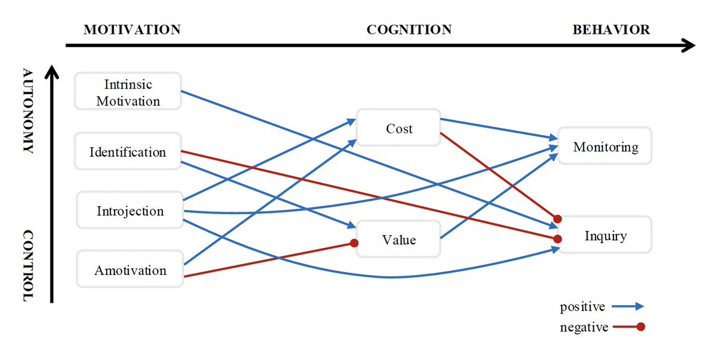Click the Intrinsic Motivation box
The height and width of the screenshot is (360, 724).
click(x=128, y=92)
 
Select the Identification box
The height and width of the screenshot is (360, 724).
click(x=128, y=152)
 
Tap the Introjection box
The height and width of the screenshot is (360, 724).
click(x=130, y=211)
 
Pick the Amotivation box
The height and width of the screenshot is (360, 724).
click(x=130, y=270)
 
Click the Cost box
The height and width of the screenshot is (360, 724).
click(x=399, y=128)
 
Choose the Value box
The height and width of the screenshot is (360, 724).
click(x=399, y=240)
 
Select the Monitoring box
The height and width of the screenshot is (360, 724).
click(x=605, y=147)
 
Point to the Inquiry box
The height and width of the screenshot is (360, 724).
click(x=605, y=236)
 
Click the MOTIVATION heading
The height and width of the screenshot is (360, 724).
click(x=132, y=30)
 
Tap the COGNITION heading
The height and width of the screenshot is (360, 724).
click(x=408, y=30)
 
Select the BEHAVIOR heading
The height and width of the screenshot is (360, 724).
click(x=611, y=30)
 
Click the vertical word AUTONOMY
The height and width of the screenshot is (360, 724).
click(x=28, y=112)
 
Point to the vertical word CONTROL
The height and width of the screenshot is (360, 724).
click(x=28, y=265)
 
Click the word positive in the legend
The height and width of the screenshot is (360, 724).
click(x=582, y=307)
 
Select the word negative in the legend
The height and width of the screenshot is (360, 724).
click(x=583, y=327)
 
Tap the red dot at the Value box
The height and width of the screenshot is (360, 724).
click(x=355, y=244)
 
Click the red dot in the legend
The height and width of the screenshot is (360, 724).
click(x=641, y=327)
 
